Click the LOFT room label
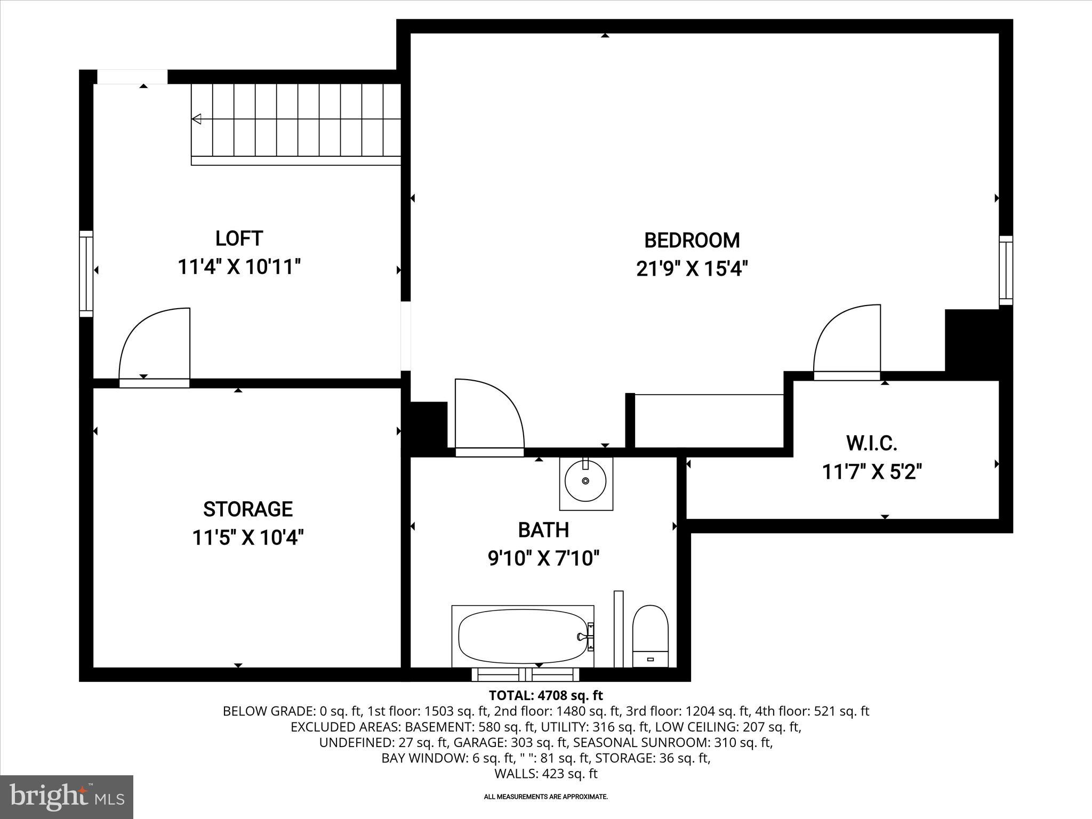[x=239, y=238]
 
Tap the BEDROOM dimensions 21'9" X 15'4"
[x=692, y=269]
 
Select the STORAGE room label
[x=248, y=509]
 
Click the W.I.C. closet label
[x=871, y=443]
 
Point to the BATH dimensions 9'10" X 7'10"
[x=543, y=559]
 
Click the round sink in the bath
[x=585, y=481]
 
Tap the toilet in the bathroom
[x=650, y=635]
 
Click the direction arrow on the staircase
[x=197, y=119]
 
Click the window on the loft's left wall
[x=86, y=274]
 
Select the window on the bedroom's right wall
[x=1006, y=270]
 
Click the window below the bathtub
[x=525, y=675]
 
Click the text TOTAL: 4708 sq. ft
[x=545, y=695]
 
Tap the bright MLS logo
[x=67, y=797]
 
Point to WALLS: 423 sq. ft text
[x=545, y=774]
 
